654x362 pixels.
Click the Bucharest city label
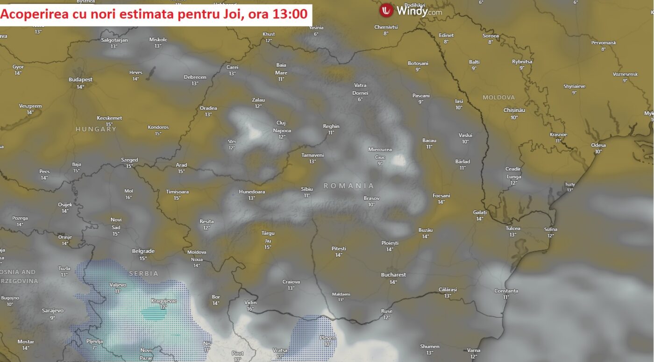pos(393,275)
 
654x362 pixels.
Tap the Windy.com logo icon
pos(386,10)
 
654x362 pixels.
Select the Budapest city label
pos(80,79)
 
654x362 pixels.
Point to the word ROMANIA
pos(349,186)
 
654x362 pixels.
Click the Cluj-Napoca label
pos(282,127)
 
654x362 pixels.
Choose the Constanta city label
pos(506,291)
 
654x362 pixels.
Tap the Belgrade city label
pos(143,251)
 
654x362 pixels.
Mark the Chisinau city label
pos(514,110)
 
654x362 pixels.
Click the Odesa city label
pos(598,145)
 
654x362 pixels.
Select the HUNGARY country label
pos(96,129)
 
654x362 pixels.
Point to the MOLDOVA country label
pos(498,97)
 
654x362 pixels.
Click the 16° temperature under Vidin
pos(250,309)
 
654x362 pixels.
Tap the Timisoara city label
pos(177,192)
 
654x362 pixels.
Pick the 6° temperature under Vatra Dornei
pos(360,99)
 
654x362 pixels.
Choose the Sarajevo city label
pos(52,311)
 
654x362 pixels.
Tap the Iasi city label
pos(459,101)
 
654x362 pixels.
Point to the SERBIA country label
pos(143,273)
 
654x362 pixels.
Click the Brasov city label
pos(371,198)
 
